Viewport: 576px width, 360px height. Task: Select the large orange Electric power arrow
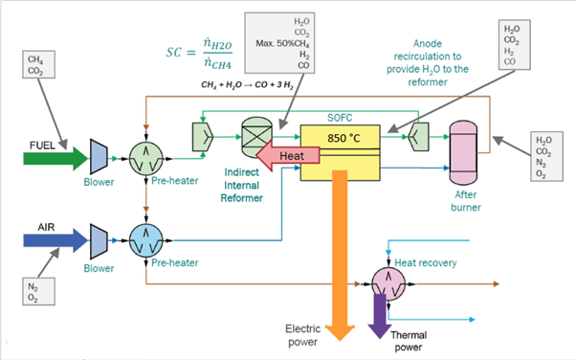(x=340, y=259)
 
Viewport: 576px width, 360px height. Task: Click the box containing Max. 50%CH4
(x=285, y=42)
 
